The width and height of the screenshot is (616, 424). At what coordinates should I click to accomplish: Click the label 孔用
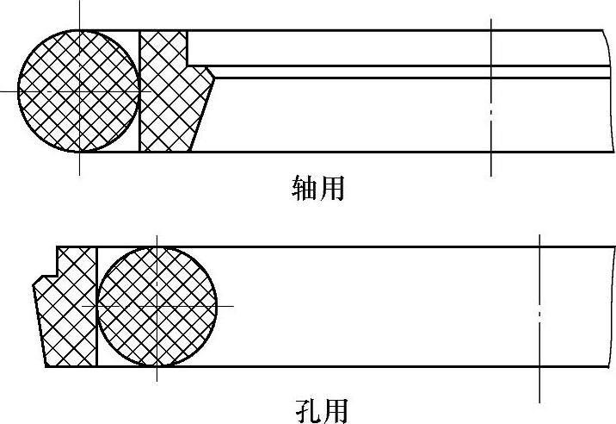320,409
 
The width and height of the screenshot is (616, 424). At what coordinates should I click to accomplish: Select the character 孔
306,409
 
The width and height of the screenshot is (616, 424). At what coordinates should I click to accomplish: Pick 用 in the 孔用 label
334,409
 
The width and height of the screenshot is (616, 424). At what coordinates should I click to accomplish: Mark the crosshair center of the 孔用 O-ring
157,306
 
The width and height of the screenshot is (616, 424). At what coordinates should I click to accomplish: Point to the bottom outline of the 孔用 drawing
344,367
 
